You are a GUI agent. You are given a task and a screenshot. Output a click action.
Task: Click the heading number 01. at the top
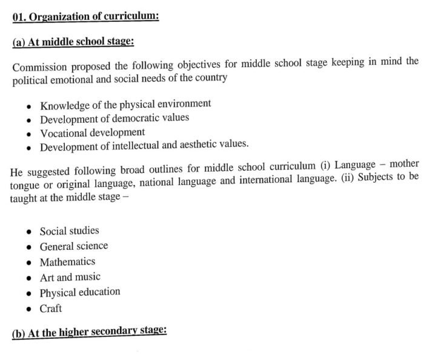click(20, 16)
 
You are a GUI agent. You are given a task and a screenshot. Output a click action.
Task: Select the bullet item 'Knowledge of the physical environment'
click(125, 103)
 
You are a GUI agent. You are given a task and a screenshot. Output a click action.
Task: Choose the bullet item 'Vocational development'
click(93, 132)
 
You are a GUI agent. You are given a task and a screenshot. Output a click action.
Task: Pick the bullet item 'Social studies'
click(69, 231)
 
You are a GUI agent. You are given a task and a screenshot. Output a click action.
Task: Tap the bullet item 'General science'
click(74, 246)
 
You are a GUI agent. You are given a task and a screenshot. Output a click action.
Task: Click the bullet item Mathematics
click(67, 262)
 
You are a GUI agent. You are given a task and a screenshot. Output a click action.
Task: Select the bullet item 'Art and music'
click(70, 277)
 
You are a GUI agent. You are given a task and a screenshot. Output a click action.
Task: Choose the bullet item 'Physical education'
click(80, 292)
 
